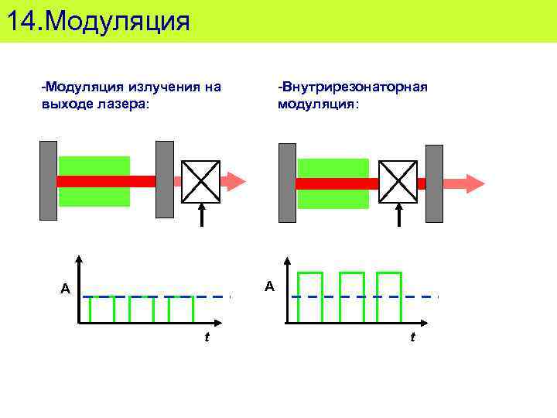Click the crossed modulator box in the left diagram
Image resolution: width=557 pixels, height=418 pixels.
pyautogui.click(x=201, y=181)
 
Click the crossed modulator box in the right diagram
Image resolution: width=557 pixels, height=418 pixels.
pyautogui.click(x=398, y=181)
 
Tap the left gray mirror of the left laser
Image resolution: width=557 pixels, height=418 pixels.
pyautogui.click(x=48, y=180)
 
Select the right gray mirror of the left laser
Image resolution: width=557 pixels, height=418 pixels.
pyautogui.click(x=164, y=180)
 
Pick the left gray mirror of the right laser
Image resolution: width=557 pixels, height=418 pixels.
pyautogui.click(x=287, y=182)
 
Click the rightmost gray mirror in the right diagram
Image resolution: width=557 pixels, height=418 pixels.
pyautogui.click(x=434, y=183)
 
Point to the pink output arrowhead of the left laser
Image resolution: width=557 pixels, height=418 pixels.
pyautogui.click(x=234, y=181)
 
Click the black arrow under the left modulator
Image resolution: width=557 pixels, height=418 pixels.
pyautogui.click(x=201, y=215)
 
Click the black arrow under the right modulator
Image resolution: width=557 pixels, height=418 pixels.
pyautogui.click(x=399, y=215)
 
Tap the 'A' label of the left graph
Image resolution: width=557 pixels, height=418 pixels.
pyautogui.click(x=66, y=290)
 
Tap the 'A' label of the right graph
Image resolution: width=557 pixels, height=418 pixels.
pyautogui.click(x=269, y=286)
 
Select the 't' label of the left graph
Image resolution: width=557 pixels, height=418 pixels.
pyautogui.click(x=207, y=337)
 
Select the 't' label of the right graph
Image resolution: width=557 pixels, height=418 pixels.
pyautogui.click(x=412, y=337)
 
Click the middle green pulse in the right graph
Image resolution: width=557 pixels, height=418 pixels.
pyautogui.click(x=351, y=296)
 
